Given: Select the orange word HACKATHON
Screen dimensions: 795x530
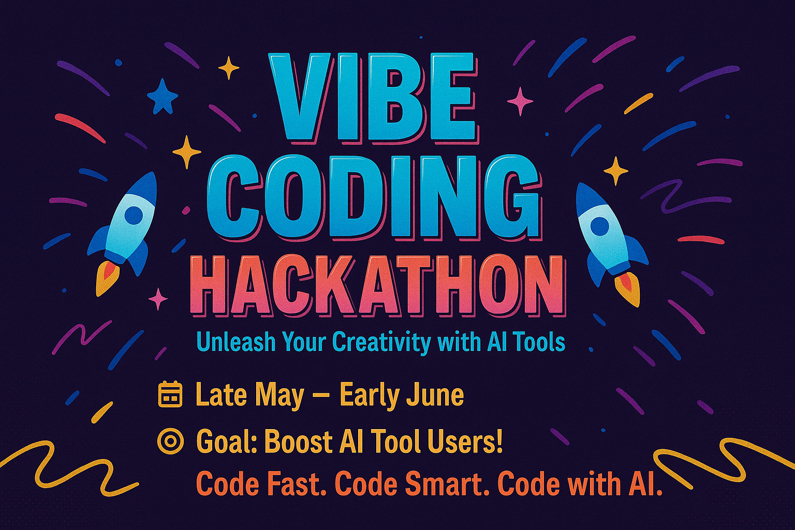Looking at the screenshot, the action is click(378, 286).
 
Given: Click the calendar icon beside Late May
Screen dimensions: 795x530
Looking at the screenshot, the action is click(170, 394).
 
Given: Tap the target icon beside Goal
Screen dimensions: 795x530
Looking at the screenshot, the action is click(170, 441).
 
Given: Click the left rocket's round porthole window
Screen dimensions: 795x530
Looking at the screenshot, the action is click(134, 214).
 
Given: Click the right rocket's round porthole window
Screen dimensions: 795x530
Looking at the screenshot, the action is click(599, 226).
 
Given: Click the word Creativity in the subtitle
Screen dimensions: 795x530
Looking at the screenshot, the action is click(381, 342).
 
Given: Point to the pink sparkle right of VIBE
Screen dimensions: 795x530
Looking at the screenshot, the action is click(520, 101).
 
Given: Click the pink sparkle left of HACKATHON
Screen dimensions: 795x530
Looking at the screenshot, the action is click(157, 299).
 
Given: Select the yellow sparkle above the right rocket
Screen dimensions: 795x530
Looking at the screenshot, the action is click(616, 171).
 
